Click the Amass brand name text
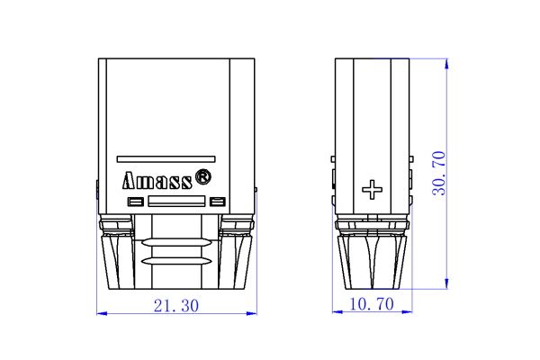click(156, 179)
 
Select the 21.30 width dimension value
click(175, 306)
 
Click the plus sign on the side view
click(372, 189)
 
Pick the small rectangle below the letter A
click(136, 201)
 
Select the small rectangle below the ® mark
click(217, 201)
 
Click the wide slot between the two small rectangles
click(176, 201)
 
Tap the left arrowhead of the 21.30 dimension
click(101, 313)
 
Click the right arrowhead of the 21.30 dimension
click(253, 313)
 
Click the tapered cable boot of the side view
click(373, 261)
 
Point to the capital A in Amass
click(128, 179)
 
